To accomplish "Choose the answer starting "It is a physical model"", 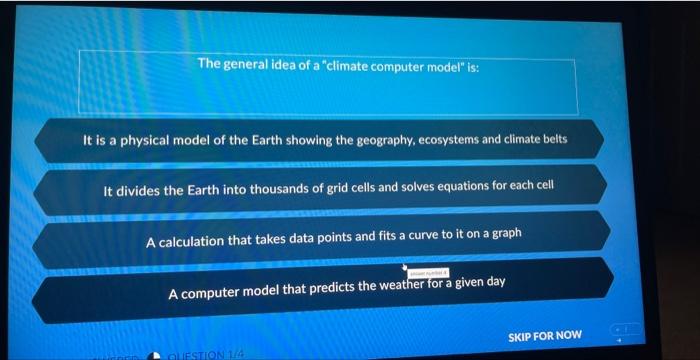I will coord(325,140).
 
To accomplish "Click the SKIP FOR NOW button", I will coord(544,336).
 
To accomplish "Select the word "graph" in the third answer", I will coord(505,233).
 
